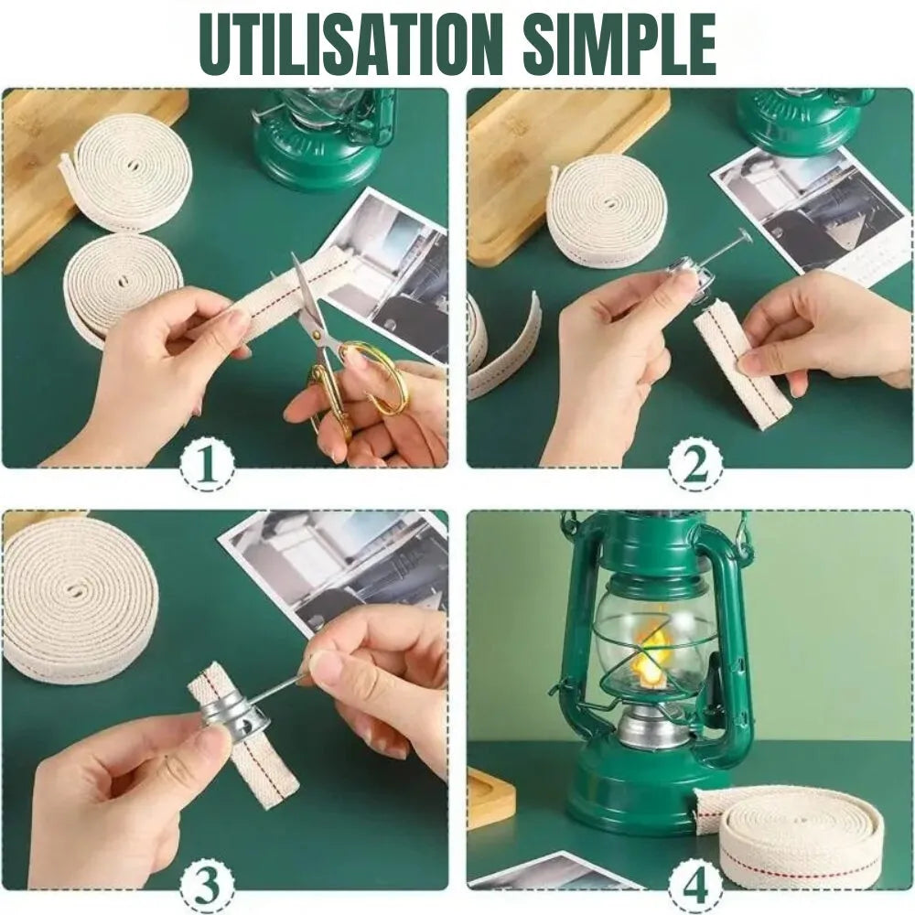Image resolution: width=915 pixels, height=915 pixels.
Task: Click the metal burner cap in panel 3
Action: pos(231,712)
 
